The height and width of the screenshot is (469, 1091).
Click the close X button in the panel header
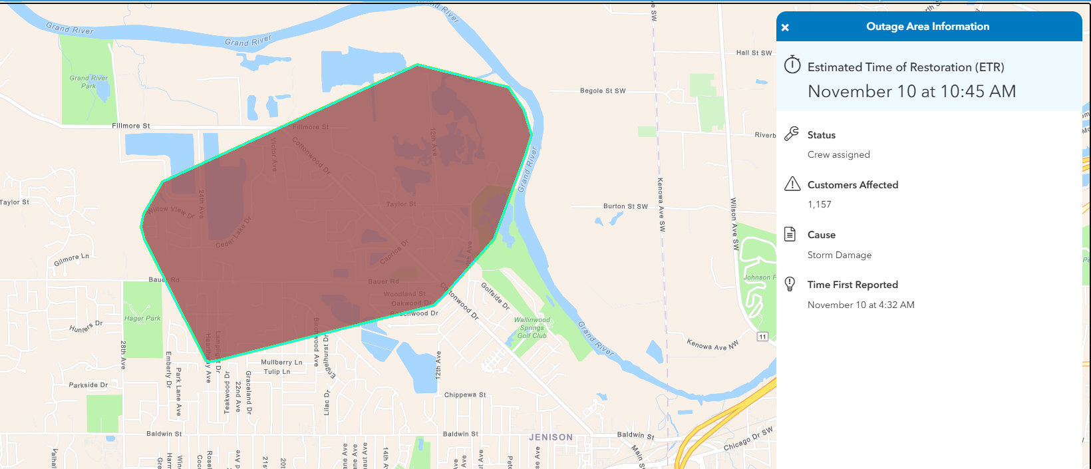click(785, 27)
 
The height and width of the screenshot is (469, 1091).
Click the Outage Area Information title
click(927, 27)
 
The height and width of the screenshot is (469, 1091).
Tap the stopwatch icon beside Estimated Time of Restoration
click(792, 65)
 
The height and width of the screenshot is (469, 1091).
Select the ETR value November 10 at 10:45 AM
click(911, 92)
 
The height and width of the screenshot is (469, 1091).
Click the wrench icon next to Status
click(792, 134)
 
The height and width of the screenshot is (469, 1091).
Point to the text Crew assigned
click(838, 155)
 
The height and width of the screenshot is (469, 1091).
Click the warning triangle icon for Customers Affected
click(792, 184)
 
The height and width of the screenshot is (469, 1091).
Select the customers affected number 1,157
click(820, 205)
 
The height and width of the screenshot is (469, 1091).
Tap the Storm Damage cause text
click(839, 255)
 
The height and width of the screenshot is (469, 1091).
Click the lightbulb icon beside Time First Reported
click(790, 284)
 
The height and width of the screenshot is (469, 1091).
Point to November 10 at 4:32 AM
click(861, 305)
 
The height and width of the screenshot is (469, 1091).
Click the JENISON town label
click(550, 438)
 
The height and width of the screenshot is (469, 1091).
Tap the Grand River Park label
click(88, 82)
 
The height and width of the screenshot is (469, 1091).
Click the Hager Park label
click(142, 319)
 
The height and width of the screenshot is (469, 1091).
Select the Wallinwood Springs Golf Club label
click(532, 328)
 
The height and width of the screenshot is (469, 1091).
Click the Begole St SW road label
click(603, 91)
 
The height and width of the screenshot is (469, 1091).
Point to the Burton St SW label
click(625, 207)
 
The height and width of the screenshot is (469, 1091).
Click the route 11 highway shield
click(762, 337)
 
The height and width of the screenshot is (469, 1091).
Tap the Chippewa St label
click(465, 395)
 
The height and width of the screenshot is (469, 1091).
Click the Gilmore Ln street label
click(71, 259)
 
